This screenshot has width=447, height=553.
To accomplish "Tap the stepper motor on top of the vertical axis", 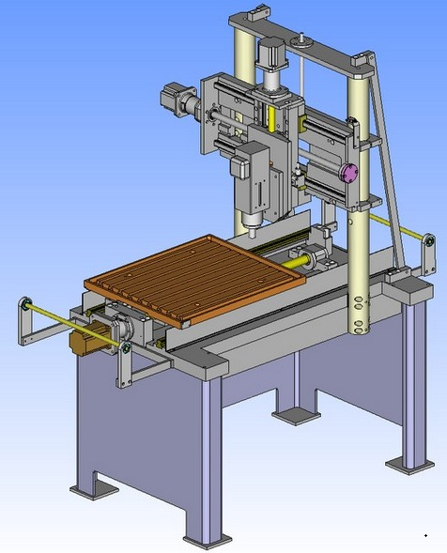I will click(271, 58).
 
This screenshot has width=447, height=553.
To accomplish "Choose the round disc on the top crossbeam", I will click(301, 40).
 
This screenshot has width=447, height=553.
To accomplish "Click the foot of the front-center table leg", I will click(207, 539).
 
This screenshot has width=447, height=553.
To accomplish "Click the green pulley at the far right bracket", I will click(429, 241).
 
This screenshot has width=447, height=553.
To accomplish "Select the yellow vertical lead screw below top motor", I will click(272, 116).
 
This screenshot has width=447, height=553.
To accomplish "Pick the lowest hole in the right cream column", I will click(358, 328).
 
